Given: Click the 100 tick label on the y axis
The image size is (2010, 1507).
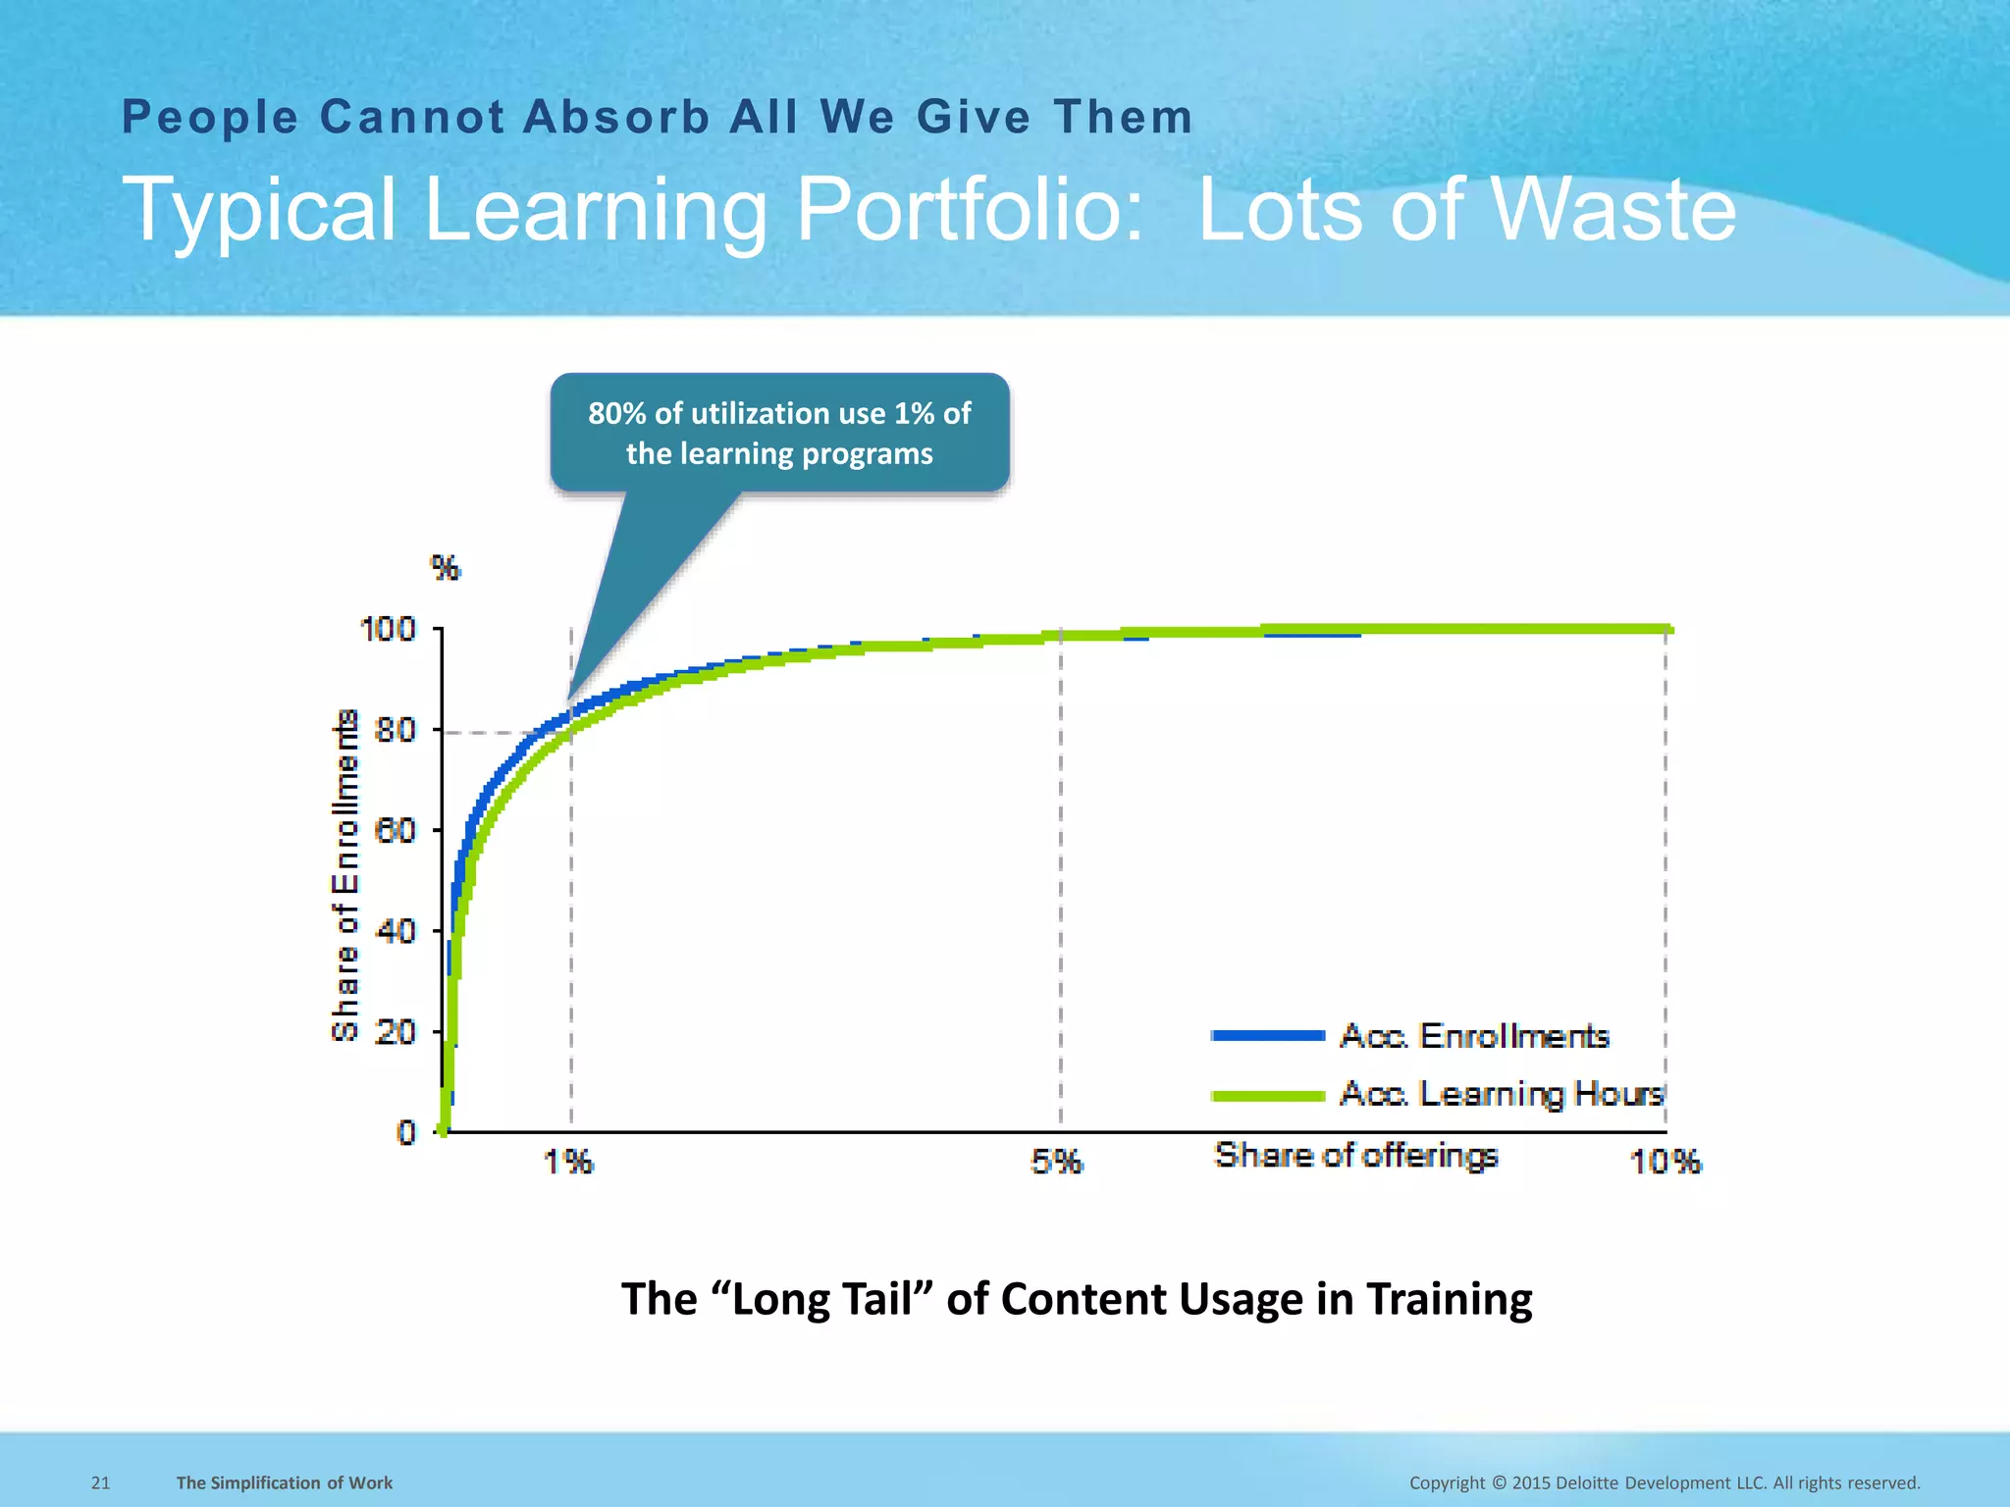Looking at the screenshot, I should (389, 629).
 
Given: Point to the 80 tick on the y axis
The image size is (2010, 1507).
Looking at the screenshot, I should (396, 730).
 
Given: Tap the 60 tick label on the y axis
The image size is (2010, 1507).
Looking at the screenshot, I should (396, 831).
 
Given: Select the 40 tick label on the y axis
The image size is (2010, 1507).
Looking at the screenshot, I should (396, 930).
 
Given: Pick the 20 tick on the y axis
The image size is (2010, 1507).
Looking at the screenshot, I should (396, 1031).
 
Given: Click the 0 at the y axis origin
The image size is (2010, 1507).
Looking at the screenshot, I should (406, 1132).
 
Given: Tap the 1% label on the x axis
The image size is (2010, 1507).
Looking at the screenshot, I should (568, 1163).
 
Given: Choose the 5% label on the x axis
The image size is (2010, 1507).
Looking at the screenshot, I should (1056, 1163).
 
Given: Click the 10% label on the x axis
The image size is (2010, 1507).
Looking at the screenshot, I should (1665, 1163).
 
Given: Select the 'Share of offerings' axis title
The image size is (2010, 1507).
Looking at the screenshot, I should (1355, 1156).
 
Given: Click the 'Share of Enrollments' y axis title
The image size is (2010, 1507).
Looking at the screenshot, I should (345, 874).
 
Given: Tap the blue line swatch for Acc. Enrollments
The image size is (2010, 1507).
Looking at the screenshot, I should (1268, 1036).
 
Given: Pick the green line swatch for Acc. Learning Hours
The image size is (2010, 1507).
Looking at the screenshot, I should (1268, 1095).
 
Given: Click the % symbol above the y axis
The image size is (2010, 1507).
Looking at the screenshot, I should (446, 568).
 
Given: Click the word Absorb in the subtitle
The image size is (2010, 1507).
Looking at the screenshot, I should (616, 118).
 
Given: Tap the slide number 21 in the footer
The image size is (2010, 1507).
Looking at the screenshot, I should (100, 1482).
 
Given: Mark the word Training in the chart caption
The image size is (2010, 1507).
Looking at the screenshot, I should (1449, 1299).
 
